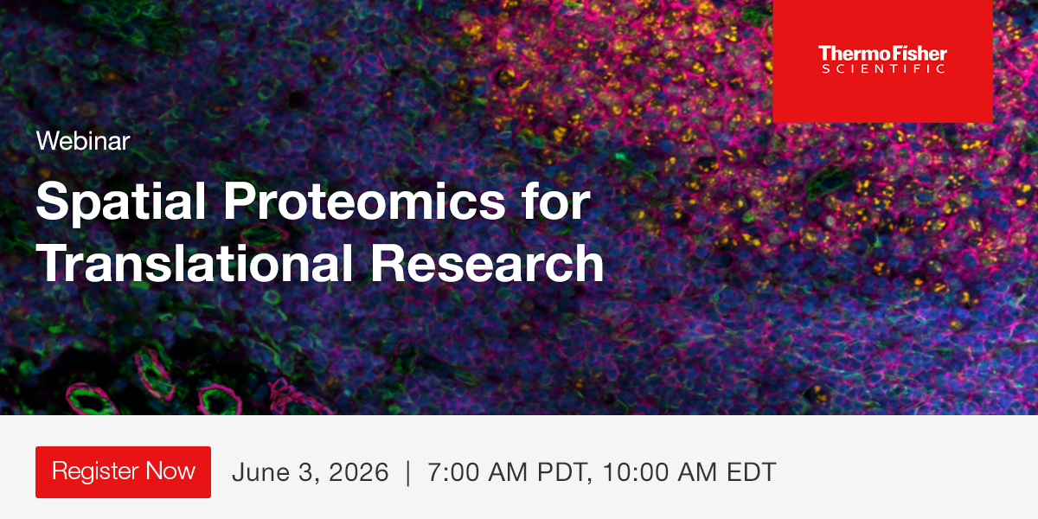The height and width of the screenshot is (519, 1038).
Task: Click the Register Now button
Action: pyautogui.click(x=123, y=472)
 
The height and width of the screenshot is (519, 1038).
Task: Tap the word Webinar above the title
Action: pyautogui.click(x=83, y=141)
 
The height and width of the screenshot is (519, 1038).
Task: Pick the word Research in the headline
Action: pyautogui.click(x=487, y=264)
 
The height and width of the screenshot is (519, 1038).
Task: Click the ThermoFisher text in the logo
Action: pyautogui.click(x=882, y=54)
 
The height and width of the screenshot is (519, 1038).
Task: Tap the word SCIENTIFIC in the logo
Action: pyautogui.click(x=882, y=69)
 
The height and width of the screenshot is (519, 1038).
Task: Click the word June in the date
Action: pyautogui.click(x=259, y=473)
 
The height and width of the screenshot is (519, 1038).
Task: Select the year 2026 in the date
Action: pyautogui.click(x=356, y=473)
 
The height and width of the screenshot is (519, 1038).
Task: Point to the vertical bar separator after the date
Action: pyautogui.click(x=408, y=473)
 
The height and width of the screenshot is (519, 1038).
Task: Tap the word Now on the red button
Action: pyautogui.click(x=170, y=472)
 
